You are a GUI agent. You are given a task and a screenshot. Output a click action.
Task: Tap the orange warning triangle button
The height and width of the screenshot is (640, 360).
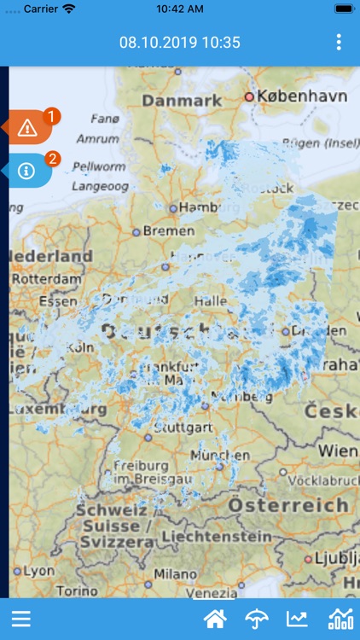tap(27, 129)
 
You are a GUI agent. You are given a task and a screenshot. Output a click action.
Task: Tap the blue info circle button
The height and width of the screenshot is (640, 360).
tap(26, 171)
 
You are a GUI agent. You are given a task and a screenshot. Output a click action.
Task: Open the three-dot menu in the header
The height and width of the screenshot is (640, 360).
tap(339, 42)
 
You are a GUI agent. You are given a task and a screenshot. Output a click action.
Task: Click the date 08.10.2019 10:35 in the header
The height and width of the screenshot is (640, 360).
tap(180, 42)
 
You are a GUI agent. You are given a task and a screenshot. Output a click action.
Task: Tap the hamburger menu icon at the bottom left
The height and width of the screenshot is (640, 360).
tap(20, 620)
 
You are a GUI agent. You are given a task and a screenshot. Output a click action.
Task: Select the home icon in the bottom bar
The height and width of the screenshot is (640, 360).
tap(215, 620)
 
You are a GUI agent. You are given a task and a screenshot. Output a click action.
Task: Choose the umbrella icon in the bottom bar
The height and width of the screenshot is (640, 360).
tap(256, 620)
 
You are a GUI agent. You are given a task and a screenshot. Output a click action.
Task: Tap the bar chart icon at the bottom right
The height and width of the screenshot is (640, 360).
tap(340, 620)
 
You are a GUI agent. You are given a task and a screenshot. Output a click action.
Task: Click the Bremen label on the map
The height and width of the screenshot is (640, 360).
tap(169, 231)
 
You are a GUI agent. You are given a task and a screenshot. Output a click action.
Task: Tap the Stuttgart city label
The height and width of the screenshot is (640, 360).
tap(183, 427)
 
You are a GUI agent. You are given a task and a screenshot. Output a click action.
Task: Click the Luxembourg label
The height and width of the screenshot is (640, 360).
tap(56, 410)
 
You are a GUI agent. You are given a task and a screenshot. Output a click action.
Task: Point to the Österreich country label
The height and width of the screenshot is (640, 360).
tap(289, 505)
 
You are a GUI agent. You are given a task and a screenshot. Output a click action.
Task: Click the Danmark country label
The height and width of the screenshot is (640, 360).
tap(182, 102)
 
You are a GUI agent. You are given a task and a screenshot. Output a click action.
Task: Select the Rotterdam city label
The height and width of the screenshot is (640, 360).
tap(45, 278)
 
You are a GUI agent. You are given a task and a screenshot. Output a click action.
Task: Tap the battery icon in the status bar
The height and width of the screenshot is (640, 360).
tap(344, 8)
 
